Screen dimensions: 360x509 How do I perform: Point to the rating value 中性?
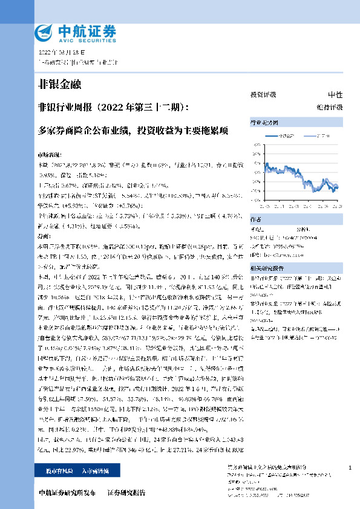(335, 96)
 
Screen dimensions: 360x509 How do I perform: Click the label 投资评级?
(263, 96)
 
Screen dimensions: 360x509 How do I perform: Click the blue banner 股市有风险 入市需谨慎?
(69, 470)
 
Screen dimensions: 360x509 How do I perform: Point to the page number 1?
(350, 468)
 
